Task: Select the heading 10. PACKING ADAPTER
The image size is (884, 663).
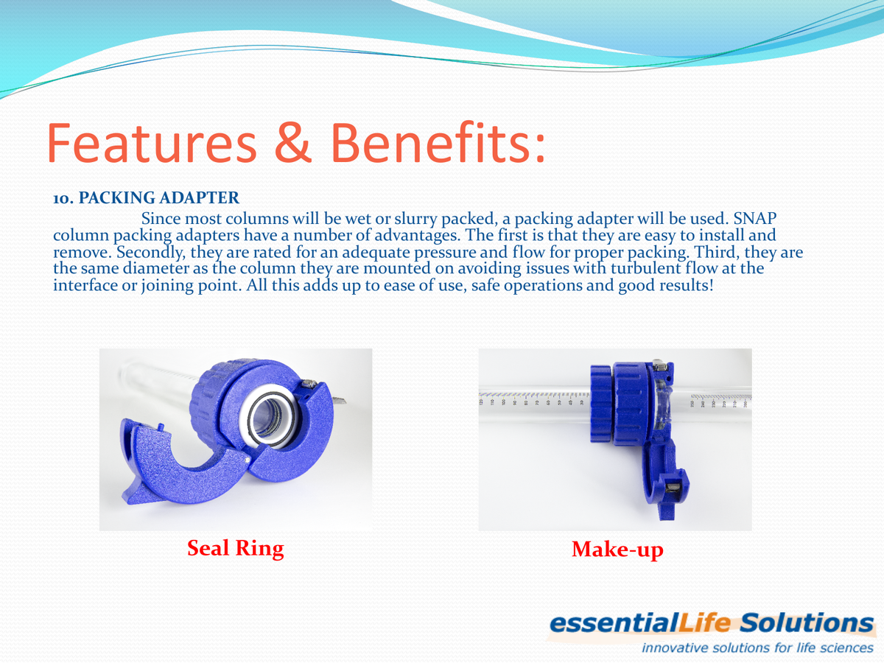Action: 146,198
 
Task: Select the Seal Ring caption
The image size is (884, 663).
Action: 235,548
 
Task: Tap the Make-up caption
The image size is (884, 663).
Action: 617,550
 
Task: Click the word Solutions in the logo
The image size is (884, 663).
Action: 807,623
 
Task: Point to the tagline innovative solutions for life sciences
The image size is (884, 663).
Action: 757,648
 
